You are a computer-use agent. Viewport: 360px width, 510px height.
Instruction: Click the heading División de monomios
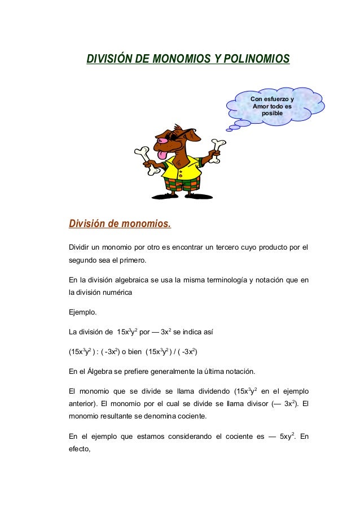(119, 225)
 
